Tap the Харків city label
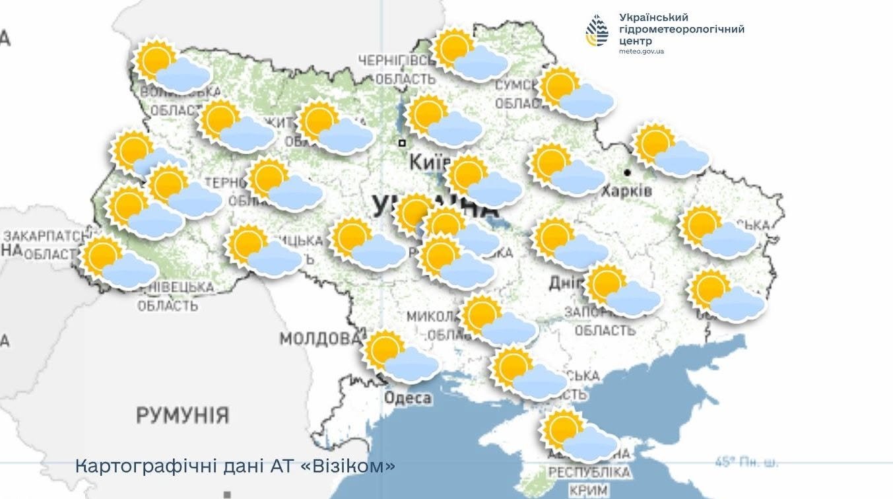click(626, 191)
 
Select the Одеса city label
click(408, 398)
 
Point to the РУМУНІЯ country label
click(183, 416)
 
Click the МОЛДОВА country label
click(319, 339)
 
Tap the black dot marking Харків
click(627, 172)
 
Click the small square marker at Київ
click(401, 143)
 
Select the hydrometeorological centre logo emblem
click(598, 31)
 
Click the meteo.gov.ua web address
click(642, 51)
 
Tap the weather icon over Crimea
click(579, 436)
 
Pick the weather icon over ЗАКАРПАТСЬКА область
click(118, 263)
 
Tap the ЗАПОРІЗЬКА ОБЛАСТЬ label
click(604, 321)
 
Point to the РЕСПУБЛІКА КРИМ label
click(589, 482)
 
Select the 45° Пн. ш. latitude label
click(746, 462)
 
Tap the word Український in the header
click(653, 17)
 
